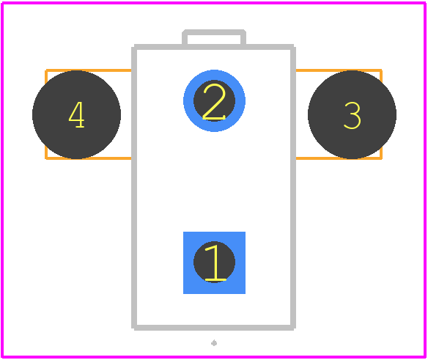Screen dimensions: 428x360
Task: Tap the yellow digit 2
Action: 214,102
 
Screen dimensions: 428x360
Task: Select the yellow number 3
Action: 353,115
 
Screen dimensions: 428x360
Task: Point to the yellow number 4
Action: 76,114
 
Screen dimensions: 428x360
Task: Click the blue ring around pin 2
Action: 188,100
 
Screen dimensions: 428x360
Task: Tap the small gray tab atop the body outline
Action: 214,32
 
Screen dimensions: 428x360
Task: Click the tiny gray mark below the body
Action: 214,343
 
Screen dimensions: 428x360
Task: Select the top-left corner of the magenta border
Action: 2,3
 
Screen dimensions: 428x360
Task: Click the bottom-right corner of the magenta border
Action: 425,356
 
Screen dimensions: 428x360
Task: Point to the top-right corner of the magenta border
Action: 425,3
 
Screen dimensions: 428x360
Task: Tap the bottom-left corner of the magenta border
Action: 2,356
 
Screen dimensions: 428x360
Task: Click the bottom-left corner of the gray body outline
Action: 134,328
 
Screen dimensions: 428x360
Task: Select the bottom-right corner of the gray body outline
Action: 293,328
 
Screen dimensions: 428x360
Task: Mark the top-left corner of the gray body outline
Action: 134,47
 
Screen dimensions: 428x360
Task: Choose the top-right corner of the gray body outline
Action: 293,47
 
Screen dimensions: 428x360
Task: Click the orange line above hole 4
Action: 89,70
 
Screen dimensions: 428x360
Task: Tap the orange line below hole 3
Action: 339,158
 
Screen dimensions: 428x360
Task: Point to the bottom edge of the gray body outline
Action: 214,328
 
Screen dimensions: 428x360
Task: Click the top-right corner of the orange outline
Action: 381,70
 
